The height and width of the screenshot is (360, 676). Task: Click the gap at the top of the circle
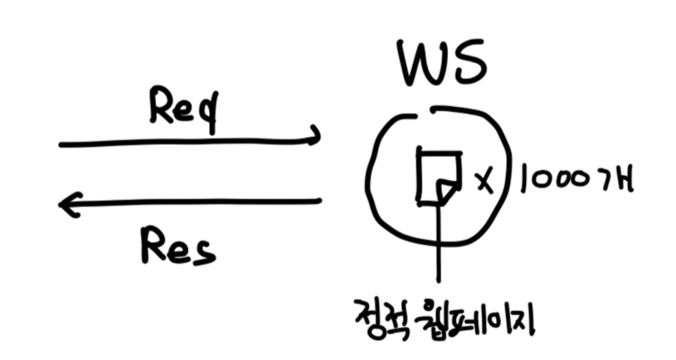click(425, 111)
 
